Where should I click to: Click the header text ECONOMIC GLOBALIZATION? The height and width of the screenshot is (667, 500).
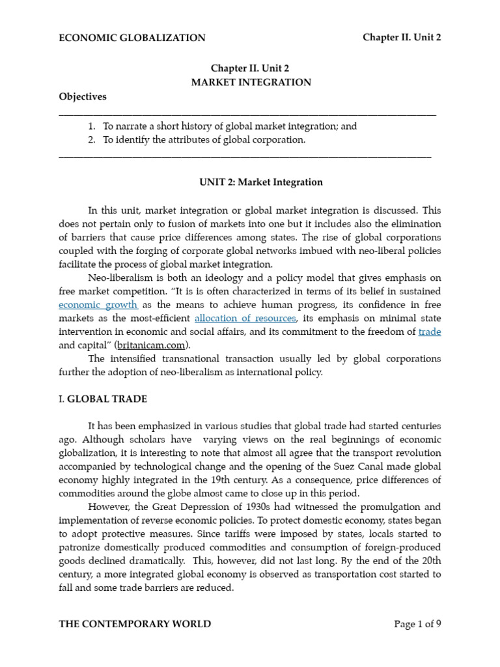pos(132,38)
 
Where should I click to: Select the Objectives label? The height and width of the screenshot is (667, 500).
pos(82,96)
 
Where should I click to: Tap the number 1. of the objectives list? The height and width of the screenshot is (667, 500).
pos(92,126)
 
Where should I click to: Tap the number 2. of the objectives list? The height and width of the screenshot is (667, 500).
pos(92,139)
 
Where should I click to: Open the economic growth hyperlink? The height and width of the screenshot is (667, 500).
pos(98,304)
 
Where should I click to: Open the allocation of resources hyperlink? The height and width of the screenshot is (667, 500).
pos(245,318)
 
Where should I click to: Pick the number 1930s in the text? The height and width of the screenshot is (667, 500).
pos(249,507)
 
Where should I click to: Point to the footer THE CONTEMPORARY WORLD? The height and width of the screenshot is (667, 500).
pos(135,624)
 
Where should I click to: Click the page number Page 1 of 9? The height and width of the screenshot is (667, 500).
pos(417,624)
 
